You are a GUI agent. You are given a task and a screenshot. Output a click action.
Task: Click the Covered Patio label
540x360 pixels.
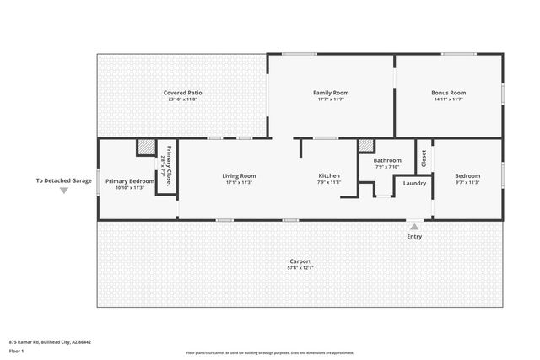click(181, 93)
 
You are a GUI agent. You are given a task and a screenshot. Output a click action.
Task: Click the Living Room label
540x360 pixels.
click(239, 175)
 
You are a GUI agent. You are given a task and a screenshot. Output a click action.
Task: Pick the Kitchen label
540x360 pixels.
click(329, 175)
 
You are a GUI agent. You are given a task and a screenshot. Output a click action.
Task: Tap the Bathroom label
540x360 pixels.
click(387, 159)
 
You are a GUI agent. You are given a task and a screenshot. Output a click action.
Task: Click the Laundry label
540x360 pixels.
click(414, 183)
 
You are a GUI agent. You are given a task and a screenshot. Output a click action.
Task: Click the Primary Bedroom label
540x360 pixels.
click(130, 181)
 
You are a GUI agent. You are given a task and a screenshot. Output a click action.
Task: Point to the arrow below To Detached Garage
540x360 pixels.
click(63, 191)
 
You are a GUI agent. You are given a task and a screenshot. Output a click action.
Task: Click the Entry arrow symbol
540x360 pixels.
click(414, 227)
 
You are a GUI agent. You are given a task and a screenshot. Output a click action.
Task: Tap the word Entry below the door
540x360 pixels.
click(414, 236)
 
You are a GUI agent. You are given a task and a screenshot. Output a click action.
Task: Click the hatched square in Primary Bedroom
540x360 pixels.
click(145, 148)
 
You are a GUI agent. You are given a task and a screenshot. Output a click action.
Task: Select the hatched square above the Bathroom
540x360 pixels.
click(365, 145)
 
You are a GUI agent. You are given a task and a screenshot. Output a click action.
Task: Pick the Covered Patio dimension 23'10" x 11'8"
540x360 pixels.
click(181, 99)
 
